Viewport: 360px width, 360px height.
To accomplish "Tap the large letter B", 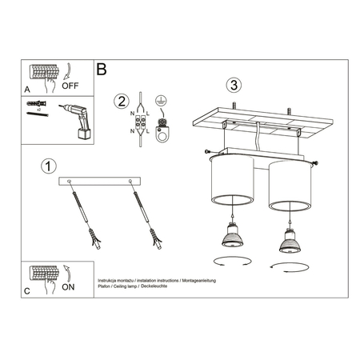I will (101, 70).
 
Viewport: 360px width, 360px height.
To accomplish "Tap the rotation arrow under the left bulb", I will (232, 261).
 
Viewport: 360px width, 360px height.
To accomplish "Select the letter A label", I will (28, 90).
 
